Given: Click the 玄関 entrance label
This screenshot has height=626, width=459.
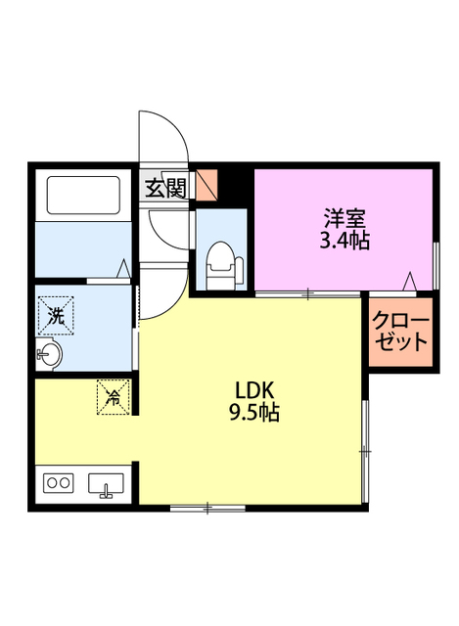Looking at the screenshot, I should [x=166, y=187].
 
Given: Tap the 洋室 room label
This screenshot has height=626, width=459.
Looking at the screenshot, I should [x=345, y=217].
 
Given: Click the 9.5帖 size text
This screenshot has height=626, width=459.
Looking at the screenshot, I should [x=253, y=412].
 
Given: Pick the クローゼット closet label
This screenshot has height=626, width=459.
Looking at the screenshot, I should [x=400, y=332].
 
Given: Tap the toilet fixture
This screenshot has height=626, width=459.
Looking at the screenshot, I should [x=222, y=261].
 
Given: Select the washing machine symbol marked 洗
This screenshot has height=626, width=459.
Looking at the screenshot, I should [x=56, y=315].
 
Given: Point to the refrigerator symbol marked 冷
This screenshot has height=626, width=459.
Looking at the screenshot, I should [x=114, y=396].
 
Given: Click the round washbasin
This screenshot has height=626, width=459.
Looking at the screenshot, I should [x=51, y=353].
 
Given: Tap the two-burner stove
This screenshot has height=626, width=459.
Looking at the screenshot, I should [x=59, y=483].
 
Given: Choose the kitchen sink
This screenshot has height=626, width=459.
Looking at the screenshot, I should [x=106, y=484].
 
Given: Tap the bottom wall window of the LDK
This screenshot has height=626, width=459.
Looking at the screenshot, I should [x=207, y=508].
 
